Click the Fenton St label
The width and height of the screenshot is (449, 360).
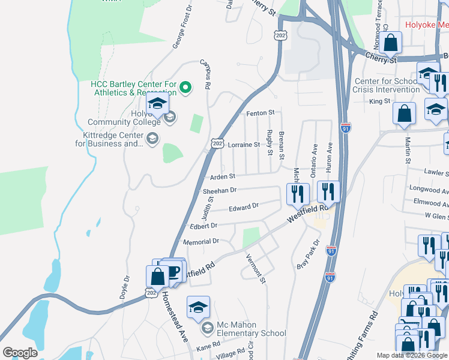coord(260,113)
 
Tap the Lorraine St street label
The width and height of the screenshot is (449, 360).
coord(244,145)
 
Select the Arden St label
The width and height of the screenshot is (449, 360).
coord(222,177)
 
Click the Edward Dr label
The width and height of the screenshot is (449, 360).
coord(243,207)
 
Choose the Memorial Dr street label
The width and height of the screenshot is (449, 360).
coord(203,241)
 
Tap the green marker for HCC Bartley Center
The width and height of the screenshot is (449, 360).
coord(185,88)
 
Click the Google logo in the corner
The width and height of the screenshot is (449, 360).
coord(20,353)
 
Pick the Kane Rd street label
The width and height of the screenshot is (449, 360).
coord(208,347)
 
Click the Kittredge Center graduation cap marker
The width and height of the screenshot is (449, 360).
coord(152,139)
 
